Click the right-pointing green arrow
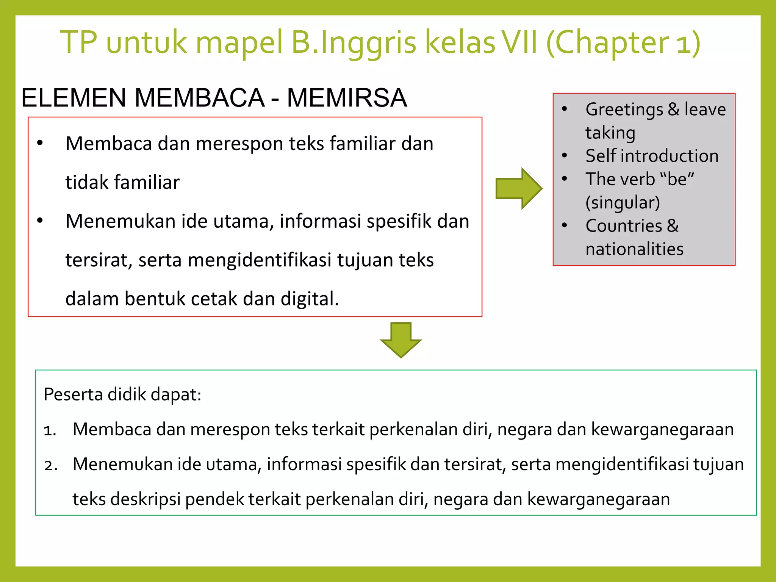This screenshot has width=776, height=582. point(518,188)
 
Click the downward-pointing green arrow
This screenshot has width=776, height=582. point(401,339)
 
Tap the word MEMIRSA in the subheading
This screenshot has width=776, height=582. point(347,98)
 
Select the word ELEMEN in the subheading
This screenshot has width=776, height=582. point(74,98)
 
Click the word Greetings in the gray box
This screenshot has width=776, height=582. point(624,110)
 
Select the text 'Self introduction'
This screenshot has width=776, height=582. point(652,156)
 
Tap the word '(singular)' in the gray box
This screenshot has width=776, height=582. point(623,202)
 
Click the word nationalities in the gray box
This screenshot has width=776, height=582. point(634,249)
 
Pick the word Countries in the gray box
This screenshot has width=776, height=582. point(624,226)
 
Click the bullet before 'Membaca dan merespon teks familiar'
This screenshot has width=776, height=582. point(40,143)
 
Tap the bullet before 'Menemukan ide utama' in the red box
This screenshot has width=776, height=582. point(40,221)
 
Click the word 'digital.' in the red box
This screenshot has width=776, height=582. point(310,299)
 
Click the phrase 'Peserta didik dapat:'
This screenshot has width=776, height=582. point(122,394)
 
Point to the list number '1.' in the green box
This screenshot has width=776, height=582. point(50,430)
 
